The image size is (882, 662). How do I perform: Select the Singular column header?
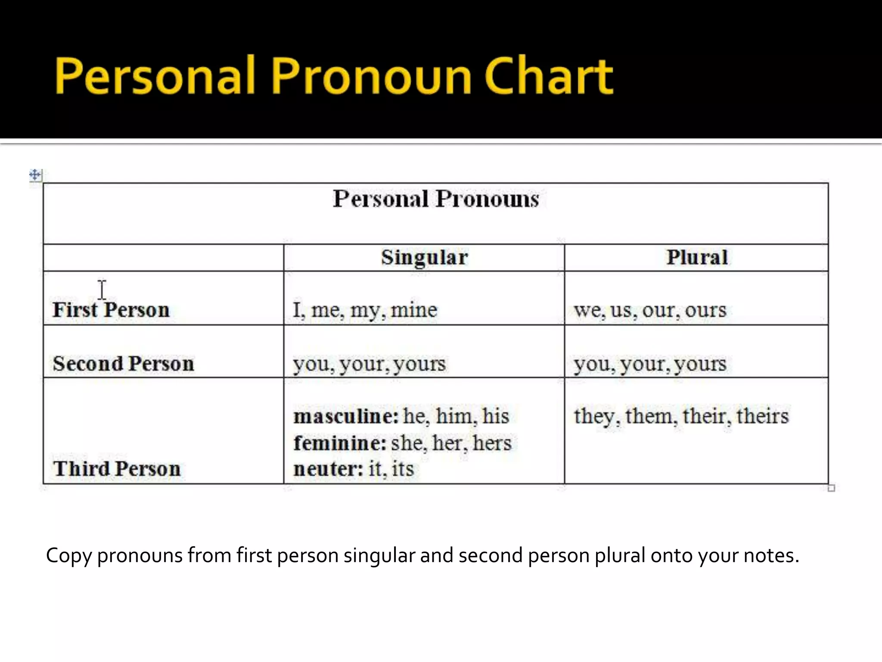(x=424, y=257)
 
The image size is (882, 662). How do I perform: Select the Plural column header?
(x=697, y=257)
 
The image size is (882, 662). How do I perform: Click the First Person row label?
(x=111, y=309)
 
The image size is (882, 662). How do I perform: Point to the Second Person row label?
(x=123, y=363)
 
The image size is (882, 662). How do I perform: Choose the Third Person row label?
(x=117, y=468)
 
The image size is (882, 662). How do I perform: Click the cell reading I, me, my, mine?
(x=365, y=310)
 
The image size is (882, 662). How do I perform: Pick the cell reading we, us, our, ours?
(x=650, y=310)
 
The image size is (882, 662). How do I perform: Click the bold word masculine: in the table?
(x=346, y=416)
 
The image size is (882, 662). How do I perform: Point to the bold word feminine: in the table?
(x=340, y=443)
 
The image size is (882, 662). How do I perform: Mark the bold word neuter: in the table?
(x=328, y=469)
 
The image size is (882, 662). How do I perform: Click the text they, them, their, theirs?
(x=681, y=416)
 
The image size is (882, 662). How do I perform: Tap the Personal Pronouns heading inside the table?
(x=436, y=199)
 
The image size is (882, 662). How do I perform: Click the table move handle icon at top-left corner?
(x=35, y=175)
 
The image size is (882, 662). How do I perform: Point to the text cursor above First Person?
(x=102, y=290)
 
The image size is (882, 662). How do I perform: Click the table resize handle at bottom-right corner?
(x=831, y=488)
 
